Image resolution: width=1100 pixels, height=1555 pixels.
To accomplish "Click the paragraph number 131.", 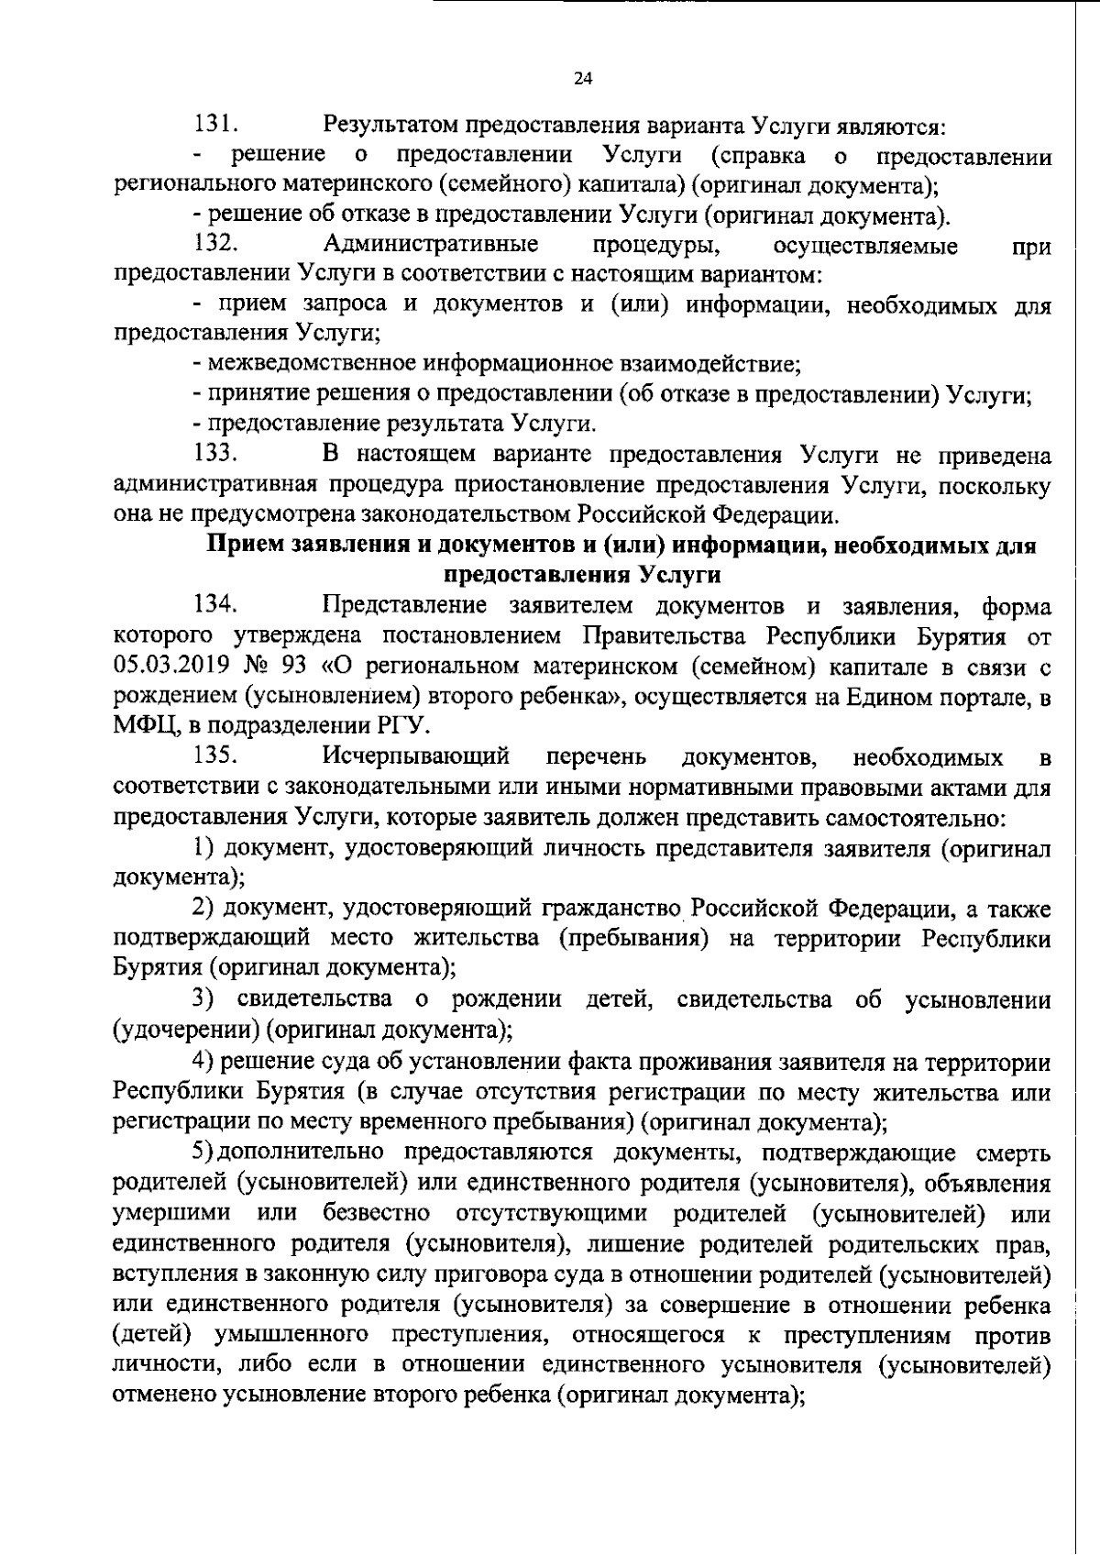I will coord(216,124).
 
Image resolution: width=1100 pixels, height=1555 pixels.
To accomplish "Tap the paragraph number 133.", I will coord(216,454).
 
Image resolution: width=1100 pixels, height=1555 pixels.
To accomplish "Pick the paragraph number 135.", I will coord(216,756).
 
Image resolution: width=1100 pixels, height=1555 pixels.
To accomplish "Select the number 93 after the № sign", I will coord(302,666).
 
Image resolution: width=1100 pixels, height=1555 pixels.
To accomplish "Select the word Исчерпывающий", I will coord(416,756).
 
